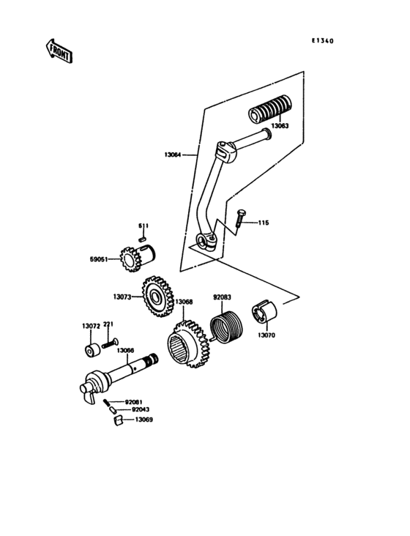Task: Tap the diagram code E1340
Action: [322, 42]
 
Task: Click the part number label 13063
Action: [280, 126]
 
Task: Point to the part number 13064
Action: [174, 155]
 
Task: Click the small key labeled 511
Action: [145, 236]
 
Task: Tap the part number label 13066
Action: [127, 350]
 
